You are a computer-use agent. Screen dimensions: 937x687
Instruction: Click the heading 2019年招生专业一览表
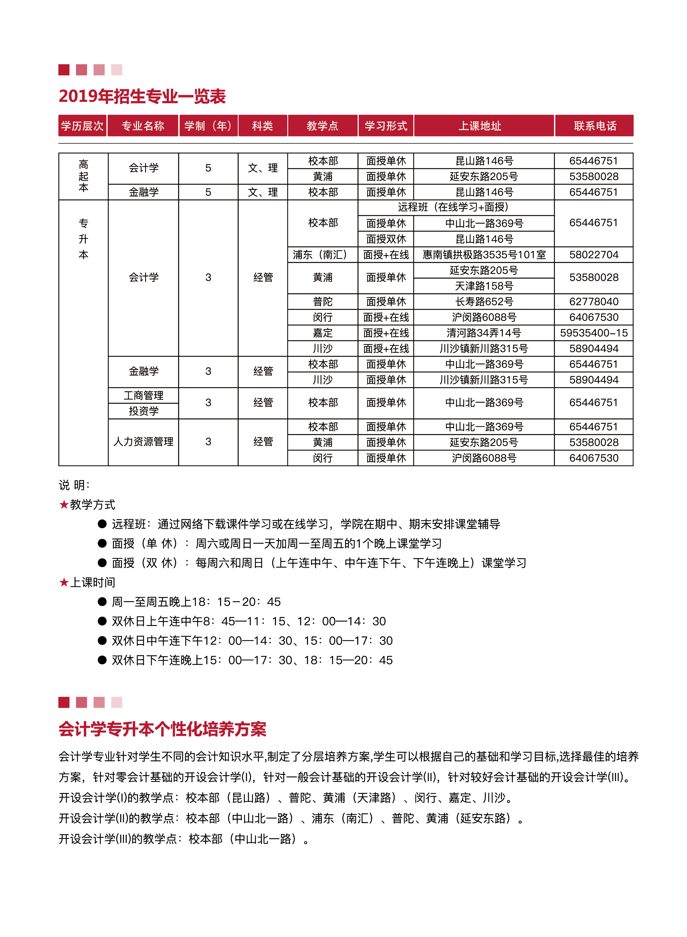coord(142,96)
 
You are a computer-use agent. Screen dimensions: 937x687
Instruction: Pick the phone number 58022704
coord(593,255)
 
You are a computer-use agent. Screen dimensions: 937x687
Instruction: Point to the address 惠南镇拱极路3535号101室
coord(484,255)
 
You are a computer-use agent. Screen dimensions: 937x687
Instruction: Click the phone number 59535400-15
coord(593,333)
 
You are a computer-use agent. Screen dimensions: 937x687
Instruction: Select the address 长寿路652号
coord(484,302)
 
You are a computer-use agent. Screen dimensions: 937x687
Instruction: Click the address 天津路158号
coord(484,286)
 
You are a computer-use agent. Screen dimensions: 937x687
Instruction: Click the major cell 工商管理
coord(143,395)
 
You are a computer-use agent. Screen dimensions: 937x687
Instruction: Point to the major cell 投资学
coord(143,411)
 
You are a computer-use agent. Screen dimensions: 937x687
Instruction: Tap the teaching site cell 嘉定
coord(323,333)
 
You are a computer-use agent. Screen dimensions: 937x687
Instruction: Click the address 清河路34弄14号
coord(484,333)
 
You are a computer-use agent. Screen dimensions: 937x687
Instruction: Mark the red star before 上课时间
coord(64,582)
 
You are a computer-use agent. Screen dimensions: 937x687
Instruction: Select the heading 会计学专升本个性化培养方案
coord(162,729)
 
